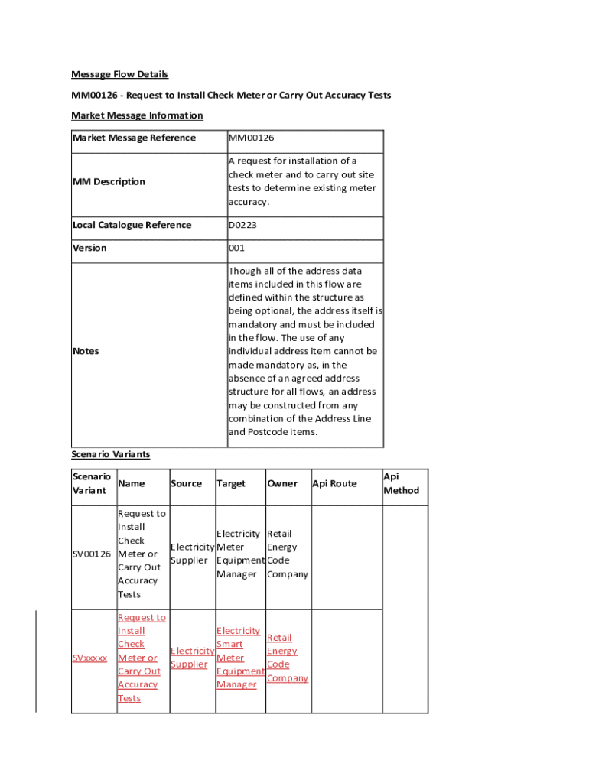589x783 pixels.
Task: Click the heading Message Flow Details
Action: [x=119, y=74]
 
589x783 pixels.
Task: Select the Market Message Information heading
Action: [x=137, y=115]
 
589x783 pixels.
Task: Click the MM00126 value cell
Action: [x=251, y=138]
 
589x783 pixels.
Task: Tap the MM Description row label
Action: [x=109, y=182]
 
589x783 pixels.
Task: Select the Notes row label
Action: [x=86, y=351]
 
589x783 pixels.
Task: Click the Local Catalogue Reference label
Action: [x=132, y=225]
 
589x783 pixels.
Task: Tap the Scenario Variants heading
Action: [x=110, y=454]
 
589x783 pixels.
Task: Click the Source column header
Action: [x=186, y=484]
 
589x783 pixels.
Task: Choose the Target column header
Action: [x=231, y=484]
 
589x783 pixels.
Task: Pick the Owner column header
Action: [x=282, y=484]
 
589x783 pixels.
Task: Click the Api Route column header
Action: [x=334, y=484]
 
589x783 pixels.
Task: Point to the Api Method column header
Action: [x=401, y=483]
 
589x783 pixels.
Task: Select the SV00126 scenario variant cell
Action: [x=92, y=554]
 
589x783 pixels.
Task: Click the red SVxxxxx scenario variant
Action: [x=90, y=658]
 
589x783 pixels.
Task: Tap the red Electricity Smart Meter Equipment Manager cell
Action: [x=239, y=658]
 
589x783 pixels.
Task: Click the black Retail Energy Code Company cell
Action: [x=287, y=554]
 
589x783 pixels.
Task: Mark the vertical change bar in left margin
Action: [x=36, y=661]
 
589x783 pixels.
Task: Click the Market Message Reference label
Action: [x=134, y=138]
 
